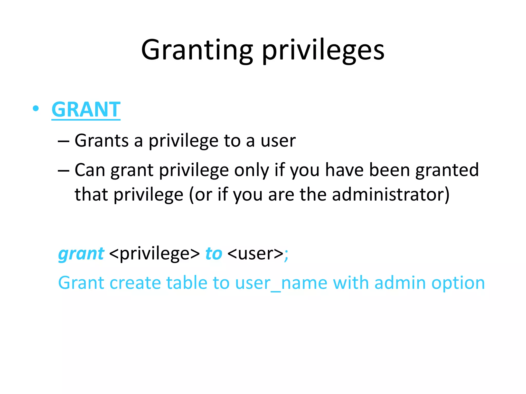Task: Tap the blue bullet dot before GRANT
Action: [x=36, y=109]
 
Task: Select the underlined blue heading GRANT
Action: [x=86, y=110]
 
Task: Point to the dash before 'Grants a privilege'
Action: [x=63, y=141]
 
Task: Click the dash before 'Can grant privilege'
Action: [x=63, y=170]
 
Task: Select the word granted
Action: [x=447, y=170]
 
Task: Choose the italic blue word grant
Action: [x=81, y=254]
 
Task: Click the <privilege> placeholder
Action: [x=154, y=254]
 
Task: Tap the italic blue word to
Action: [x=214, y=254]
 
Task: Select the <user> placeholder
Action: [x=255, y=254]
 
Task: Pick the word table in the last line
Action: [x=187, y=283]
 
